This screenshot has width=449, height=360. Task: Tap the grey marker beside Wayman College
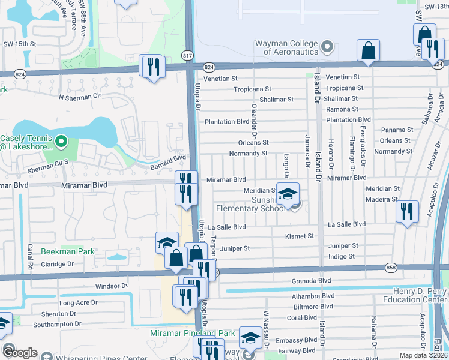pos(327,46)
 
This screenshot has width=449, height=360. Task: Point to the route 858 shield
pos(214,272)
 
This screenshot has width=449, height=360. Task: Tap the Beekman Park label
pos(68,252)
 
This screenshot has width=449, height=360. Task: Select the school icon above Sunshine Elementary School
pos(288,193)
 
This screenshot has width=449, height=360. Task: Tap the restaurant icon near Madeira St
pos(408,211)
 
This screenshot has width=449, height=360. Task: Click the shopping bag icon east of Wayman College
pos(368,50)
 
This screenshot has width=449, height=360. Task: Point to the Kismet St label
pos(300,236)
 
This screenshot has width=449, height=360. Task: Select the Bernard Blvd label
pos(168,158)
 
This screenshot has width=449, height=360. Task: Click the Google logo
pos(19,353)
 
